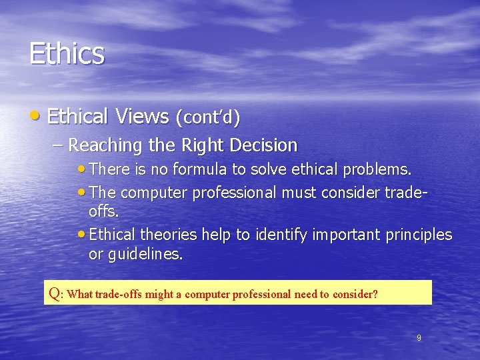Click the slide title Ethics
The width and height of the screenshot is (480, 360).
67,53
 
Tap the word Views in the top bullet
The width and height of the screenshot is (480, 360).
141,117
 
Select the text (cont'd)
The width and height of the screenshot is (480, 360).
207,118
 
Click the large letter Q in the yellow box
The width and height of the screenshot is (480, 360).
55,293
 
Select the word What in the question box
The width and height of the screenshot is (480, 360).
79,294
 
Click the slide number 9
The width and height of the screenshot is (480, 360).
419,338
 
